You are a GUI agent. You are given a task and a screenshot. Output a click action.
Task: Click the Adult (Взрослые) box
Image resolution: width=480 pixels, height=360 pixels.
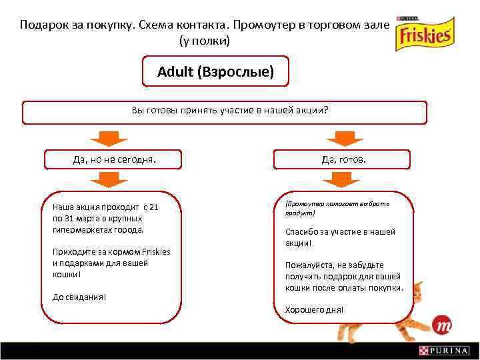click(215, 72)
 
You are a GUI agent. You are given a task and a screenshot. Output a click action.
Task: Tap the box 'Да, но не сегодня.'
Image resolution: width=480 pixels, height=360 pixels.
click(114, 159)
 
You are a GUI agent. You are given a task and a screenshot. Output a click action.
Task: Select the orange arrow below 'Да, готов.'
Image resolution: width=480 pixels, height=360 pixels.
click(341, 179)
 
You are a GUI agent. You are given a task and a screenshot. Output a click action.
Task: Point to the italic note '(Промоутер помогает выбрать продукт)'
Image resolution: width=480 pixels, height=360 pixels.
click(337, 209)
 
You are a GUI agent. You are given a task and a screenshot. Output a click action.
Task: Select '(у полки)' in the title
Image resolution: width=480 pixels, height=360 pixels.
click(205, 41)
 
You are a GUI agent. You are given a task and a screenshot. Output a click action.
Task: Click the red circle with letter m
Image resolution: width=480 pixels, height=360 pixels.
click(442, 326)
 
